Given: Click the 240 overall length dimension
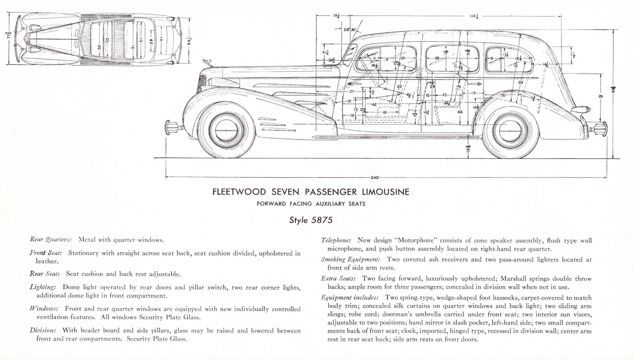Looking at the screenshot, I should point(374,177).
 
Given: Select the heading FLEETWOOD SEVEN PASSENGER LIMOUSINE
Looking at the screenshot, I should point(311,192).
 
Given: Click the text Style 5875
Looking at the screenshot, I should point(311,220).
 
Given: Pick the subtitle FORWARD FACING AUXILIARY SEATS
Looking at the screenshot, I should point(311,204).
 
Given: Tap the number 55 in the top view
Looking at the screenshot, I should point(107,40).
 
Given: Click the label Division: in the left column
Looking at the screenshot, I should point(43,330).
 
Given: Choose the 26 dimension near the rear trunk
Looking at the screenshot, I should point(600,96).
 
